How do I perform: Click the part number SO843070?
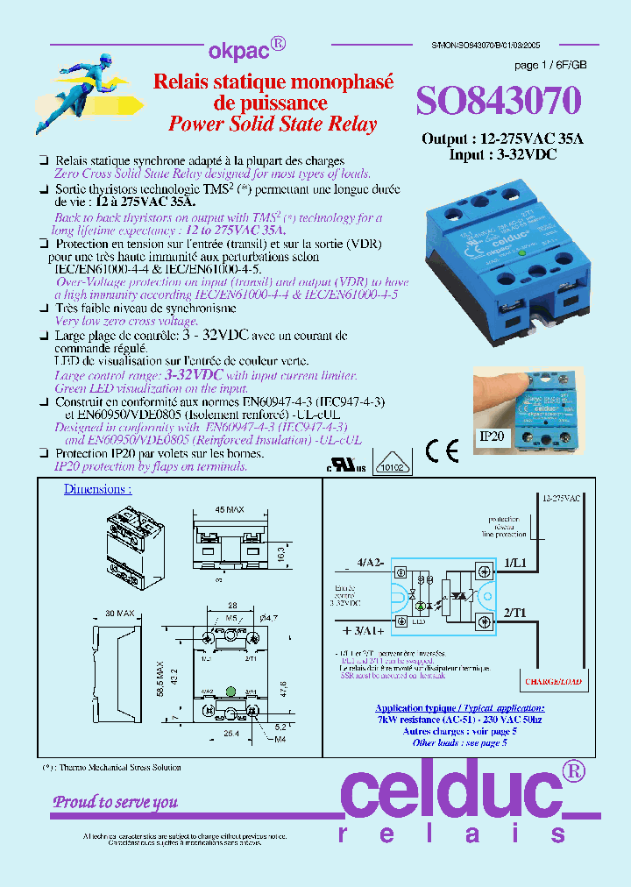(498, 103)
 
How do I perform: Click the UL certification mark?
(346, 464)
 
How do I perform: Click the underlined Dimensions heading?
(97, 490)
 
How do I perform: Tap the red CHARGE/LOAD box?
(554, 680)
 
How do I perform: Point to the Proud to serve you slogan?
(115, 801)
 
